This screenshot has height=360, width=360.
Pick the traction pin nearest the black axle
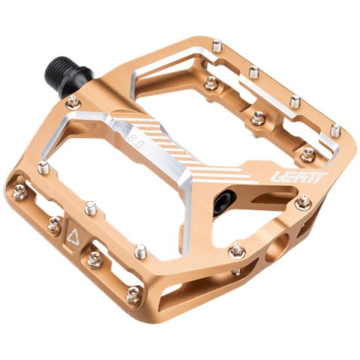point(73,101)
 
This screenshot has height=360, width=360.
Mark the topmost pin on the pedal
point(217,46)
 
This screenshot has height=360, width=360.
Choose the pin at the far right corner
point(335,131)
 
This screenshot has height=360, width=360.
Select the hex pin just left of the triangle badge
point(55,223)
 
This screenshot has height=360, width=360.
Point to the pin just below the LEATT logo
point(303,202)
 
